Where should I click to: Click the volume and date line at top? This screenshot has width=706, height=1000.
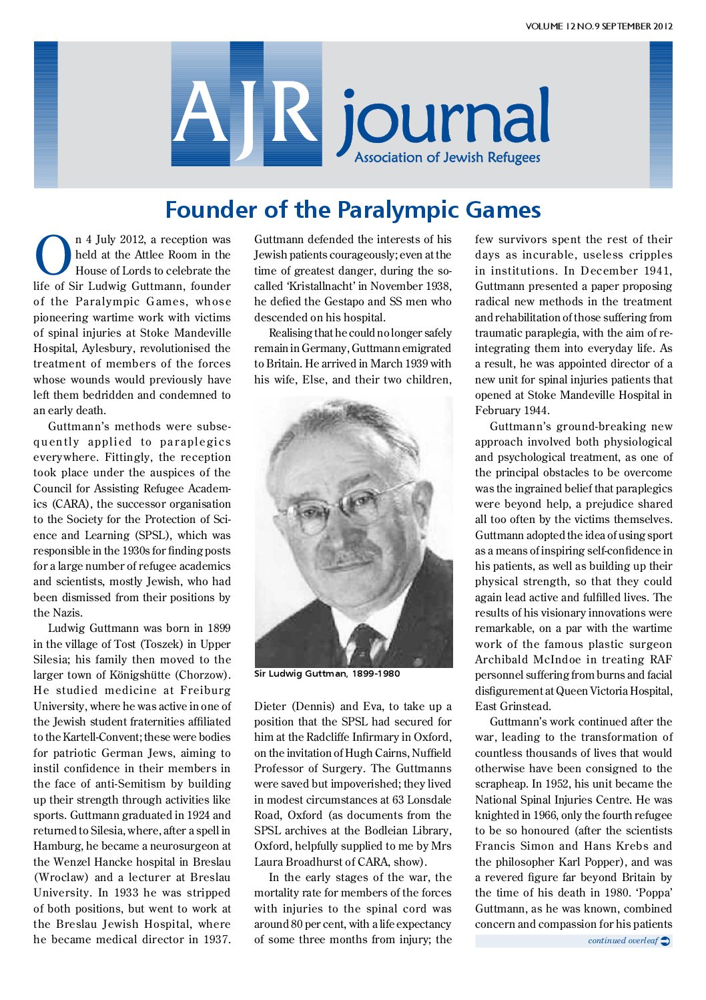click(x=599, y=27)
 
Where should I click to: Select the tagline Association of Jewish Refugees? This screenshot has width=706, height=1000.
click(x=447, y=158)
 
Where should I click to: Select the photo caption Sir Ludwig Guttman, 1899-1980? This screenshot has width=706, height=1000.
click(x=327, y=673)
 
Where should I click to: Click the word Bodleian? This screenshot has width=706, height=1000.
click(x=386, y=830)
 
